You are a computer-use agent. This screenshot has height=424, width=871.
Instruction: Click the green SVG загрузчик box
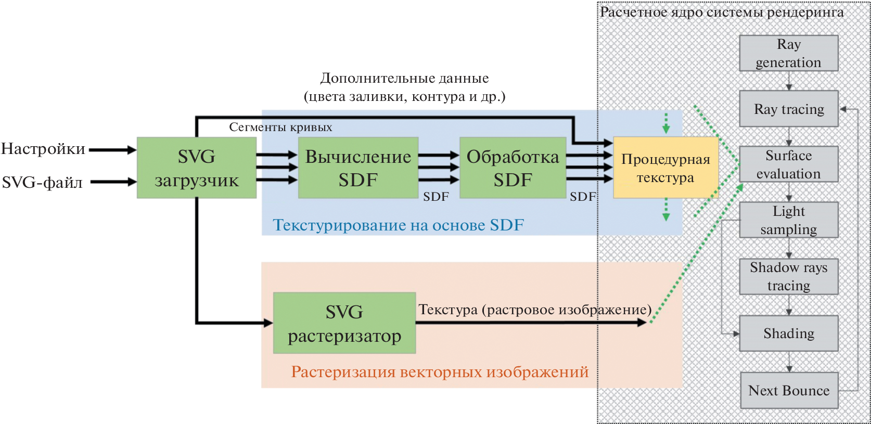pos(196,168)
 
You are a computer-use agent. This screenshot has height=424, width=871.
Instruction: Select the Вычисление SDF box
pos(358,168)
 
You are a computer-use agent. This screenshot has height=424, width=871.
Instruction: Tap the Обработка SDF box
pos(513,168)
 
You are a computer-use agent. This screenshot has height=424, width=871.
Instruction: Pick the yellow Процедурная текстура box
pos(665,168)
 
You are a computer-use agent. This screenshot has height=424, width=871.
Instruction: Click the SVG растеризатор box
pos(344,323)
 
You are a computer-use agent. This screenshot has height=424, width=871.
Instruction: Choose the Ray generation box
pos(788,53)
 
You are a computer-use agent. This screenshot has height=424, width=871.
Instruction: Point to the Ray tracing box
pos(788,109)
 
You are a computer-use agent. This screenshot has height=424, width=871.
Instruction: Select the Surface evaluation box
pos(788,164)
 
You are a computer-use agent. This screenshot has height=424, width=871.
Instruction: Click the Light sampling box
pos(788,220)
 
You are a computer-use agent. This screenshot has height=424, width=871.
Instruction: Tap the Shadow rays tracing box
pos(788,276)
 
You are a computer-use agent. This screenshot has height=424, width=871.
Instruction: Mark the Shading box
pos(788,333)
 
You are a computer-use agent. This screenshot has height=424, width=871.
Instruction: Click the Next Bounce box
pos(789,390)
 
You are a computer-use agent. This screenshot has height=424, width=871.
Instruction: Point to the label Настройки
pos(43,149)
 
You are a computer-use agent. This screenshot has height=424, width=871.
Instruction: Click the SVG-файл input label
pos(42,183)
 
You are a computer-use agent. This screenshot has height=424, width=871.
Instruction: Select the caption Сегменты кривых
pos(280,127)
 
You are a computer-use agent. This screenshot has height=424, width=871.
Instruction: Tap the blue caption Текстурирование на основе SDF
pos(398,225)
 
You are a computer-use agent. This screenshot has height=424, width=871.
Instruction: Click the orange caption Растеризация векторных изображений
pos(440,372)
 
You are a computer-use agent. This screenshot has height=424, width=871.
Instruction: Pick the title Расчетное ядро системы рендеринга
pos(722,12)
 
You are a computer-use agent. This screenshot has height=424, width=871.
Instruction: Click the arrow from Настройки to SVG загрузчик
pos(112,150)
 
